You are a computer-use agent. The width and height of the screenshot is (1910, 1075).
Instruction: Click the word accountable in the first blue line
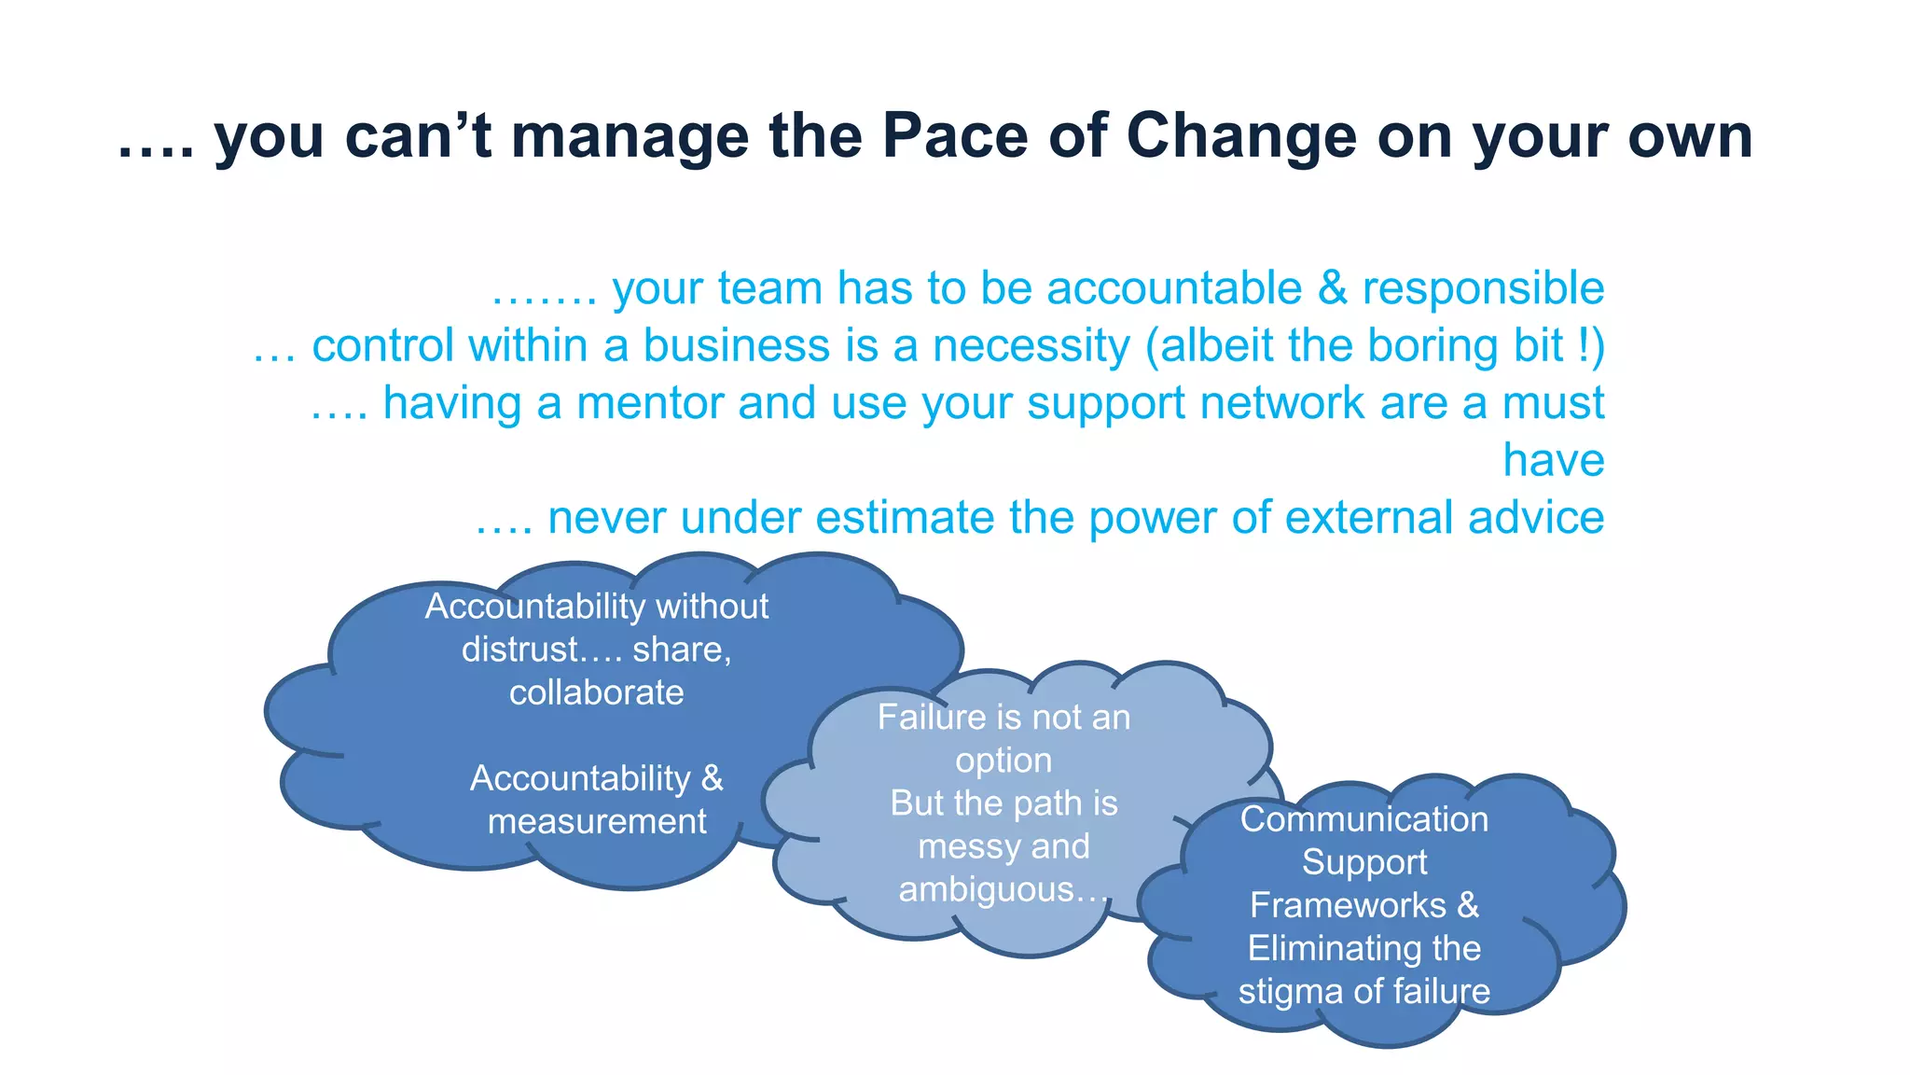coord(1174,288)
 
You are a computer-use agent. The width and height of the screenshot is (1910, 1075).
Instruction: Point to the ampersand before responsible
coord(1333,288)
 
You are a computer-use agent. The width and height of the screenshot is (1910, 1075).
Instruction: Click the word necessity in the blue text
coord(1031,346)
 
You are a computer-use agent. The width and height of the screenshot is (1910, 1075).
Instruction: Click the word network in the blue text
coord(1282,403)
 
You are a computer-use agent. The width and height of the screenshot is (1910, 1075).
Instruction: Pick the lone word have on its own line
coord(1553,460)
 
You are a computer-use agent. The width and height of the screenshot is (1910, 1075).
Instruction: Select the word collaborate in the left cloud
coord(596,692)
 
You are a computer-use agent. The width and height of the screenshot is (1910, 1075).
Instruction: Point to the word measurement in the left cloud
coord(597,821)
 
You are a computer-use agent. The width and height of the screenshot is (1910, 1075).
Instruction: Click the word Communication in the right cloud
coord(1363,819)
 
